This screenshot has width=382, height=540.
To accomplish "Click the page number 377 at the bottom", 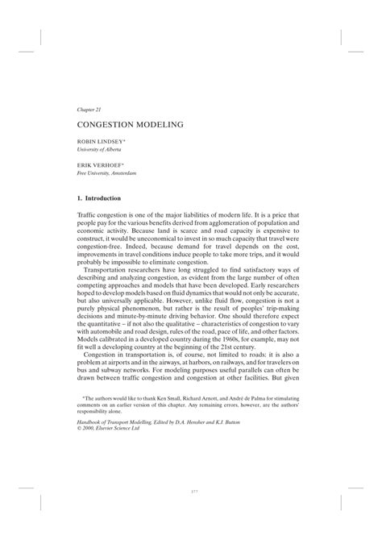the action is (x=191, y=511).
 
